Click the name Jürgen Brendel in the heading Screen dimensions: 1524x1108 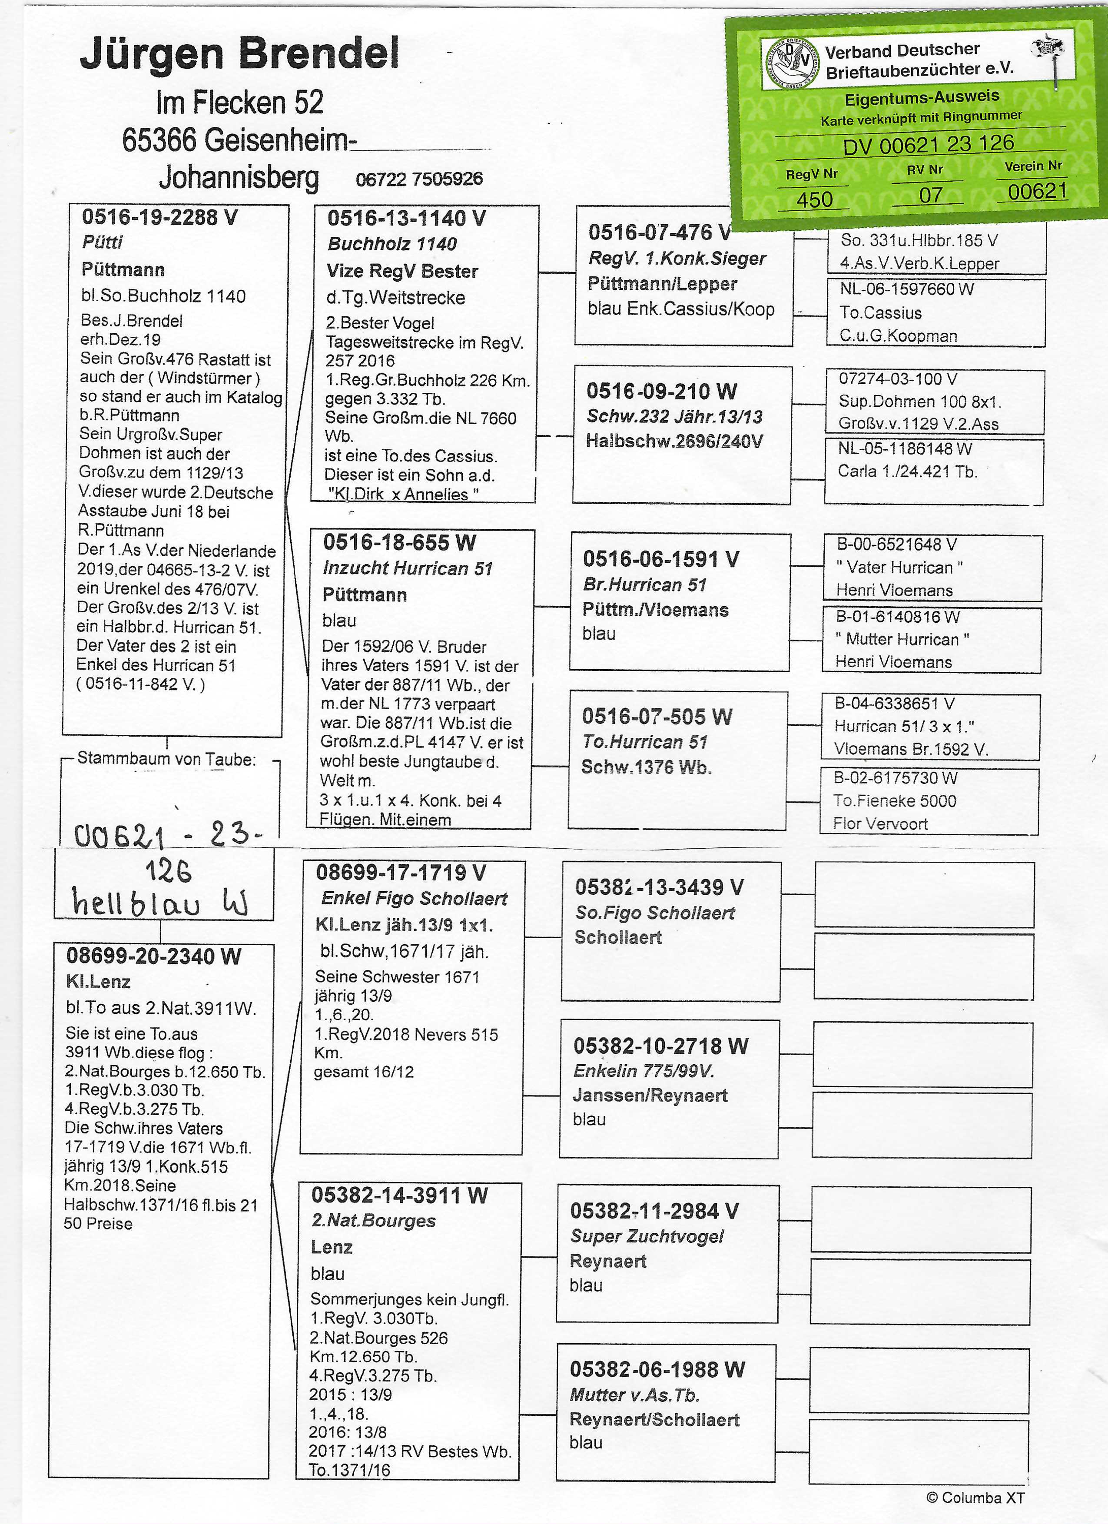pos(239,54)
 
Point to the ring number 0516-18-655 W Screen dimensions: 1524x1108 pos(399,542)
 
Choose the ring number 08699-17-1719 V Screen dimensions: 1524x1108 pos(401,872)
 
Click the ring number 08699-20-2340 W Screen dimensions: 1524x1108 pos(153,956)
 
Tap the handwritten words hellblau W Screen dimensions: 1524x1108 pos(160,903)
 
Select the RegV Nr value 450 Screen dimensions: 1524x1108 pos(814,199)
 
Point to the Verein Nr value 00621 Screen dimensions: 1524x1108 pos(1037,192)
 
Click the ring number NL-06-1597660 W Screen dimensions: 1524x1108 pos(906,289)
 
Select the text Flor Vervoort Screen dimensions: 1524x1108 pos(880,824)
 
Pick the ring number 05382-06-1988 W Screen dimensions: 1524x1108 pos(657,1369)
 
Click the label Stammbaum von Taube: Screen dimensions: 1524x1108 pos(167,759)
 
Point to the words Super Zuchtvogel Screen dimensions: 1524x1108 pos(647,1236)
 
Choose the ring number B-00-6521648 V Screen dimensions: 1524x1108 pos(896,544)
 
